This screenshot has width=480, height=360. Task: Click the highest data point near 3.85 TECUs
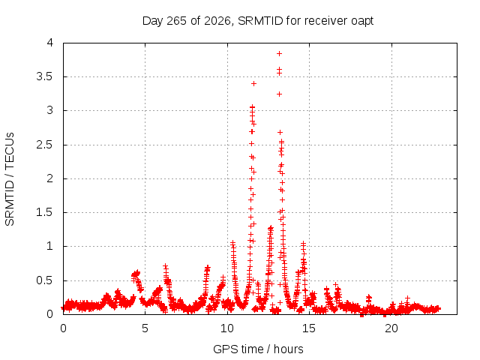279,53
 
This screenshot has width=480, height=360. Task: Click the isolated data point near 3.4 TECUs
253,83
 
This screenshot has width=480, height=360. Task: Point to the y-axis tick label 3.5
45,76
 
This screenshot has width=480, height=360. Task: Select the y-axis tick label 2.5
45,145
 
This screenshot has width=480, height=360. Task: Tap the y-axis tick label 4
50,43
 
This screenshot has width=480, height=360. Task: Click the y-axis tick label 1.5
45,212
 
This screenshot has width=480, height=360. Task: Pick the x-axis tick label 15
308,328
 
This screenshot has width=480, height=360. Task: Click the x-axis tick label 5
145,328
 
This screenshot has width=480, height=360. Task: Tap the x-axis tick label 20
391,328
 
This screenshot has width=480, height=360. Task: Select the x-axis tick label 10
227,328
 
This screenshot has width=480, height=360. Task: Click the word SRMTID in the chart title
260,21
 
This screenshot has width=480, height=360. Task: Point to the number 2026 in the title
217,21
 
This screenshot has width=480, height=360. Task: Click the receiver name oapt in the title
362,22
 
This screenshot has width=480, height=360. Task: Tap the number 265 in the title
176,21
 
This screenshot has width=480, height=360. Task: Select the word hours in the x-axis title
288,349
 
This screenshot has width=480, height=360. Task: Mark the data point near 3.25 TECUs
279,94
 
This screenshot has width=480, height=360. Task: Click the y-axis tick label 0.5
45,280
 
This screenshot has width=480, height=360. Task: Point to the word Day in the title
153,22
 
